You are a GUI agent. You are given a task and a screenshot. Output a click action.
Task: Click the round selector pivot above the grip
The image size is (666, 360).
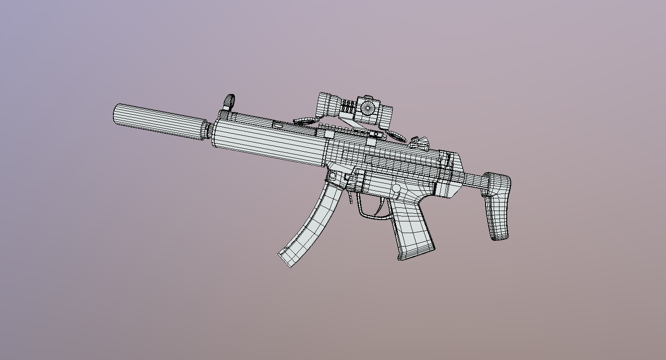point(396,188)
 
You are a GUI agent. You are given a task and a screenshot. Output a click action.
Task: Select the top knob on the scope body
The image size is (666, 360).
point(368,97)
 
